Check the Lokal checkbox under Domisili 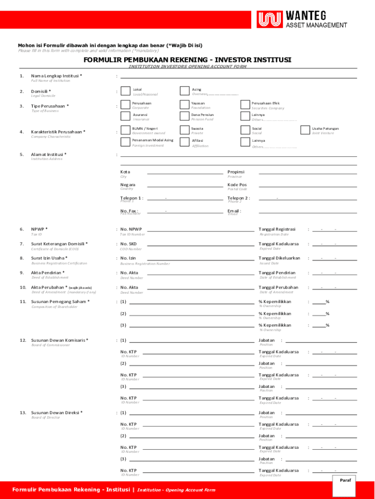point(125,91)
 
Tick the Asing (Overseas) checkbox point(184,91)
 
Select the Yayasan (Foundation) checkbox point(184,104)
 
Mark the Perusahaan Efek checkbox point(244,104)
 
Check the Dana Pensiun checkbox point(184,116)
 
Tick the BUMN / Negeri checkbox point(125,130)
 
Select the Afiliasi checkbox point(184,142)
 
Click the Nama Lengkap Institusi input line point(238,77)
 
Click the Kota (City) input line point(185,173)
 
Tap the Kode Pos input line point(307,186)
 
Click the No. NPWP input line point(199,230)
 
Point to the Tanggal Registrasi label point(277,229)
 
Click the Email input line point(307,213)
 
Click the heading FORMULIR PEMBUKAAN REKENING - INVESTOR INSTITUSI point(187,60)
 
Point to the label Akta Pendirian point(48,273)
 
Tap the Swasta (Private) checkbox point(184,130)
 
